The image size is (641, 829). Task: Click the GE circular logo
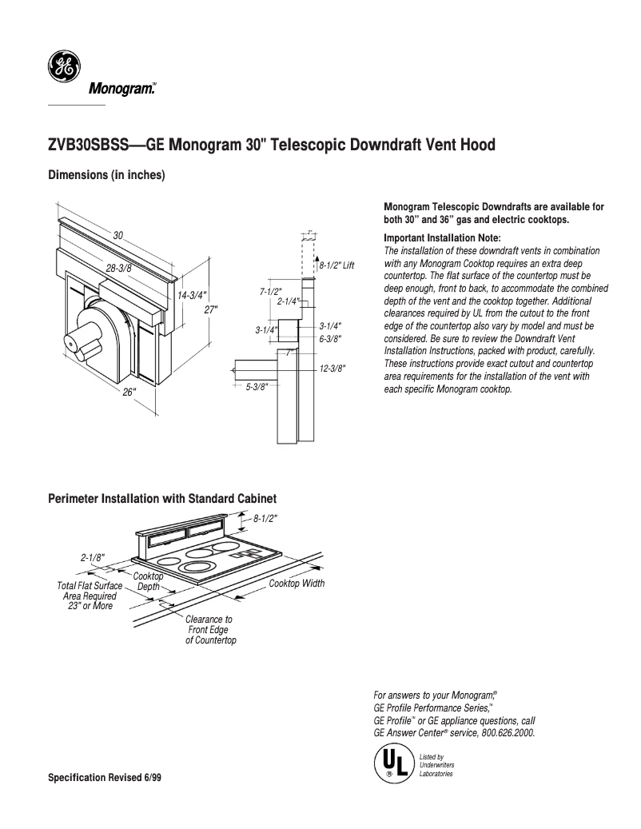(x=62, y=66)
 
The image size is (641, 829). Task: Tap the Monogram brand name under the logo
(x=121, y=90)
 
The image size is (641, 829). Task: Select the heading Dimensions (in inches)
(x=106, y=175)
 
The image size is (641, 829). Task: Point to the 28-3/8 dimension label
(x=118, y=268)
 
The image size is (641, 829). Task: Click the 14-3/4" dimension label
(x=192, y=295)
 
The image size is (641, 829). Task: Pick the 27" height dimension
(x=210, y=309)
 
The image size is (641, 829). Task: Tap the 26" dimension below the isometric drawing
(x=129, y=392)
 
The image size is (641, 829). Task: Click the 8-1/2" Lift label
(x=336, y=265)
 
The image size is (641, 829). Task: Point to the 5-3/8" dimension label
(x=257, y=387)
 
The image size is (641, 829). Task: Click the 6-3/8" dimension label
(x=330, y=338)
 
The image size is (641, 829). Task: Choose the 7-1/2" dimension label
(x=271, y=292)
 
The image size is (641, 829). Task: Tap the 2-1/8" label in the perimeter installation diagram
(x=93, y=558)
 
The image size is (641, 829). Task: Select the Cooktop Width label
(x=297, y=584)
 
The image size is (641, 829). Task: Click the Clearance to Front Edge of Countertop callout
(x=209, y=630)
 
